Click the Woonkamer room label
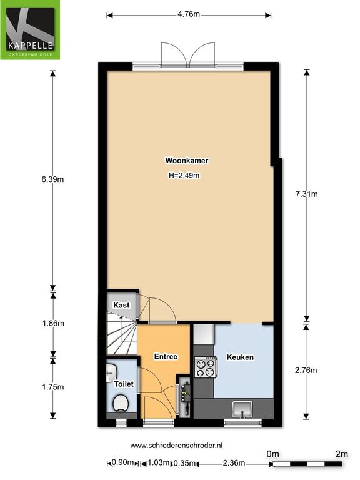(187, 161)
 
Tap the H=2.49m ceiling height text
(184, 176)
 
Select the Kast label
(121, 305)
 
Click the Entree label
(166, 357)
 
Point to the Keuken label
(240, 357)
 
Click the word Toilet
(124, 384)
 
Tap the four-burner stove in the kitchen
(206, 367)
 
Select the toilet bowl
(121, 403)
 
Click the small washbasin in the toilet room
(111, 373)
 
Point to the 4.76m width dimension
(189, 14)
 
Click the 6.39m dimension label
(52, 179)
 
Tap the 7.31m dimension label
(307, 194)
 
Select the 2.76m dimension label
(306, 371)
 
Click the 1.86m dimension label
(53, 323)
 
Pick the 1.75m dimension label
(53, 387)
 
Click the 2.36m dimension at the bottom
(234, 463)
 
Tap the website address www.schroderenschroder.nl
(176, 446)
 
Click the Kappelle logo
(30, 30)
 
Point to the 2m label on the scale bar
(342, 454)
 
